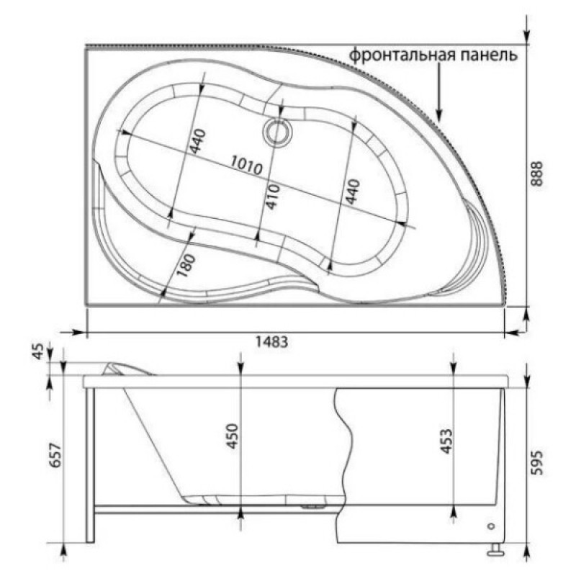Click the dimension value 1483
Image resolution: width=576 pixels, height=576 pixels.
(272, 343)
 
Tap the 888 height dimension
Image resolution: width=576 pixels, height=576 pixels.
(537, 174)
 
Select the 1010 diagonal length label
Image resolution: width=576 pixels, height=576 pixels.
(247, 166)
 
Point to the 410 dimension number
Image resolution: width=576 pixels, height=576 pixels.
(273, 197)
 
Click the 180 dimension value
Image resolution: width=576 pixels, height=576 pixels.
(186, 265)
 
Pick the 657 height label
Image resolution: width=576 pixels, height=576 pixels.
(55, 456)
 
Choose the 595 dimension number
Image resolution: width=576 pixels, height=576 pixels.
(537, 462)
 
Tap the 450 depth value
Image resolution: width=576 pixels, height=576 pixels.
(233, 436)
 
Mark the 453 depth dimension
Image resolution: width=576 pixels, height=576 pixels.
(446, 441)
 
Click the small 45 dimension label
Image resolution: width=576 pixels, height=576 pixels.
(39, 351)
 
